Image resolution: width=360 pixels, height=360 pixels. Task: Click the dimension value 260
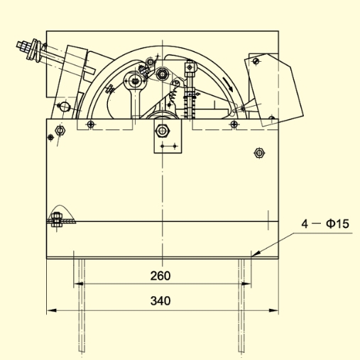(160, 276)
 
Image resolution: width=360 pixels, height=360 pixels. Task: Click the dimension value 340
(160, 301)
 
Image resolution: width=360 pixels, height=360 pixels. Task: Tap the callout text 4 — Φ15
(325, 224)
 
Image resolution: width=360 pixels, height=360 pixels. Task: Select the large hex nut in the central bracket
(162, 131)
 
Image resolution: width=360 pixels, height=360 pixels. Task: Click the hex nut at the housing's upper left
(60, 131)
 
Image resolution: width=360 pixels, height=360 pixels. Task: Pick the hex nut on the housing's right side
(259, 153)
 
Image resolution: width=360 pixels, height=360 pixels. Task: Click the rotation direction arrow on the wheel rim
(229, 84)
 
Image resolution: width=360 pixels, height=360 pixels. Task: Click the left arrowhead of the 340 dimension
(52, 310)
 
